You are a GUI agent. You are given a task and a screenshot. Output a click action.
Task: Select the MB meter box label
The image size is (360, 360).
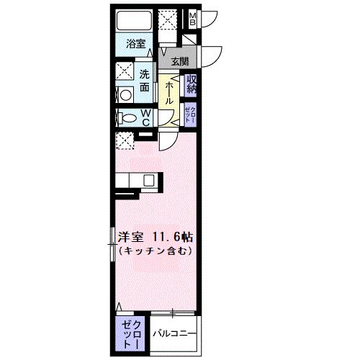click(193, 19)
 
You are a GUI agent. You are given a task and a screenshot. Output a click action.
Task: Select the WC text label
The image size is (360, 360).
click(145, 117)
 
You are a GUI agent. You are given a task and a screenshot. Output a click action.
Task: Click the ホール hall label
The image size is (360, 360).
click(168, 94)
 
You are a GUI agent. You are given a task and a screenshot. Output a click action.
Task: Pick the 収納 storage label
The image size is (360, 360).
click(192, 84)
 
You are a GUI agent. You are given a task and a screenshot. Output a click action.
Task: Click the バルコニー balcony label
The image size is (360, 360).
click(174, 334)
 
